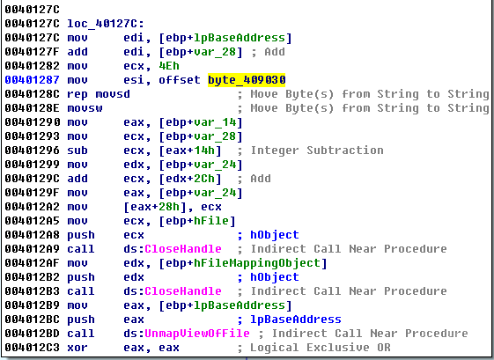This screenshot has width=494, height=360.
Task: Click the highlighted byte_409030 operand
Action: pyautogui.click(x=247, y=80)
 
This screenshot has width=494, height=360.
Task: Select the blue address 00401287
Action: pyautogui.click(x=32, y=80)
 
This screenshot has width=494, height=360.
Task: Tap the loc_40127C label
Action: pyautogui.click(x=106, y=24)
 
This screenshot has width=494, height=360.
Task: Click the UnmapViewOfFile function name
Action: pyautogui.click(x=197, y=334)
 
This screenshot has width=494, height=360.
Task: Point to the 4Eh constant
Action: pyautogui.click(x=169, y=66)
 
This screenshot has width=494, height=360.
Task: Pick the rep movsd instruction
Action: pyautogui.click(x=99, y=94)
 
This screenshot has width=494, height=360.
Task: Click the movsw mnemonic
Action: pyautogui.click(x=85, y=108)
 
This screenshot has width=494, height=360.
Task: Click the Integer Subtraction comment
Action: pyautogui.click(x=317, y=151)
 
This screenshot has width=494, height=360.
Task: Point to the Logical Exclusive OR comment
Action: pyautogui.click(x=321, y=348)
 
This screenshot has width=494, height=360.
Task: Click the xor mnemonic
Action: pyautogui.click(x=77, y=348)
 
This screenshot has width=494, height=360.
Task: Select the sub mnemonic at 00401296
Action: pyautogui.click(x=77, y=151)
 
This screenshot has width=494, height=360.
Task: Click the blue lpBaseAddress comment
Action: pyautogui.click(x=296, y=320)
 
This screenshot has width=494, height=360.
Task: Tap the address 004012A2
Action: pyautogui.click(x=32, y=207)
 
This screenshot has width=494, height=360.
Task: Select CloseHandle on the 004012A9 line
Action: pyautogui.click(x=183, y=249)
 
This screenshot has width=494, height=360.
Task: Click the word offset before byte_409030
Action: pyautogui.click(x=180, y=80)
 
